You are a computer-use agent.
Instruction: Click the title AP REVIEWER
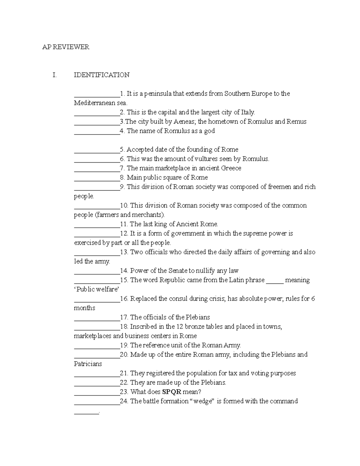tap(66, 47)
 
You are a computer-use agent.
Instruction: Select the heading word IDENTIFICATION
tap(102, 75)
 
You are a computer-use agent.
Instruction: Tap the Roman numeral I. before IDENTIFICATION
tap(54, 75)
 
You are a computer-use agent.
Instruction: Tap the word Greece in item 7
tap(231, 168)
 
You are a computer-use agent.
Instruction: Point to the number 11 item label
tap(124, 224)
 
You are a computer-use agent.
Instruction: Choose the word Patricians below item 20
tap(88, 364)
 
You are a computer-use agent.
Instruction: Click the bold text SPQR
tap(172, 392)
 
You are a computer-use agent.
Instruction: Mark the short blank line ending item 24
tap(86, 413)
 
